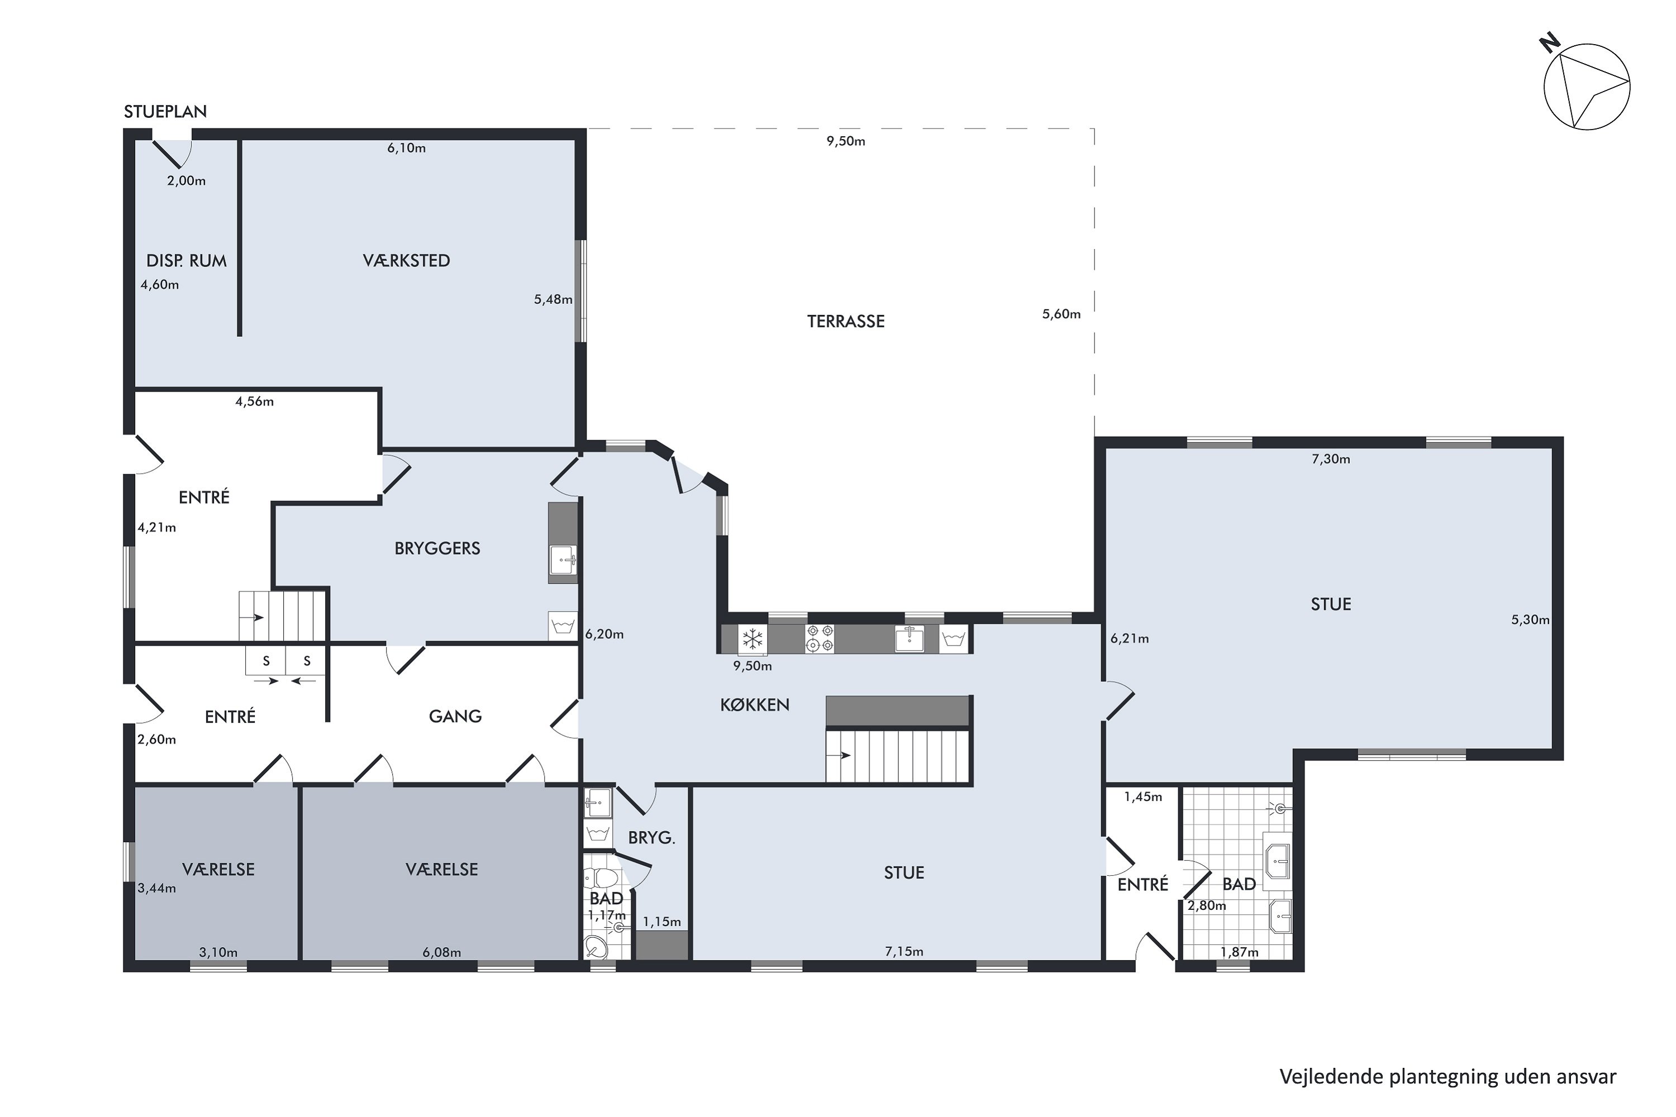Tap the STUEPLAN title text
point(165,112)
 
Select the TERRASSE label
point(846,321)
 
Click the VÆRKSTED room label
point(406,261)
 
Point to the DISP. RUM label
point(186,261)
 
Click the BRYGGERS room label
point(437,548)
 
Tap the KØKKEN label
point(755,705)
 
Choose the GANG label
point(455,717)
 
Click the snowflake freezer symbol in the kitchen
point(753,639)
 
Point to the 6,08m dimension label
point(442,952)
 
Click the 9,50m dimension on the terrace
point(846,141)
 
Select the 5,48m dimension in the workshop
point(553,300)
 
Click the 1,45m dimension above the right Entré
point(1143,797)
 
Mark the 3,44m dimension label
point(157,889)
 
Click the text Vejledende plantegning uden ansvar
point(1448,1076)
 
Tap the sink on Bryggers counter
point(563,560)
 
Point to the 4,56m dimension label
point(254,402)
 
